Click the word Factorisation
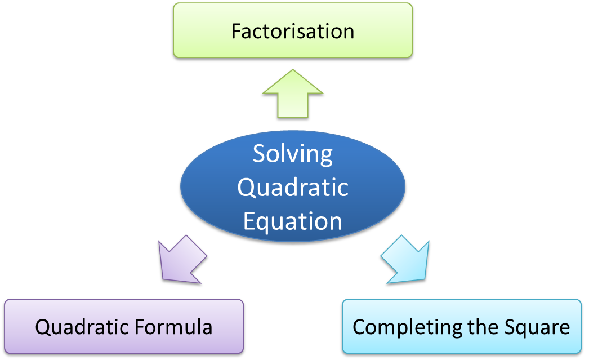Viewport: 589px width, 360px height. (x=293, y=31)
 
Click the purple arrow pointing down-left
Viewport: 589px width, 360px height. (x=181, y=260)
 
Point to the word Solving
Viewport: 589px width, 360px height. (x=293, y=154)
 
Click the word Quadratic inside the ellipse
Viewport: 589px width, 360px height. (x=293, y=187)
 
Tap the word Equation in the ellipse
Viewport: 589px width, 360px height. (x=293, y=221)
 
